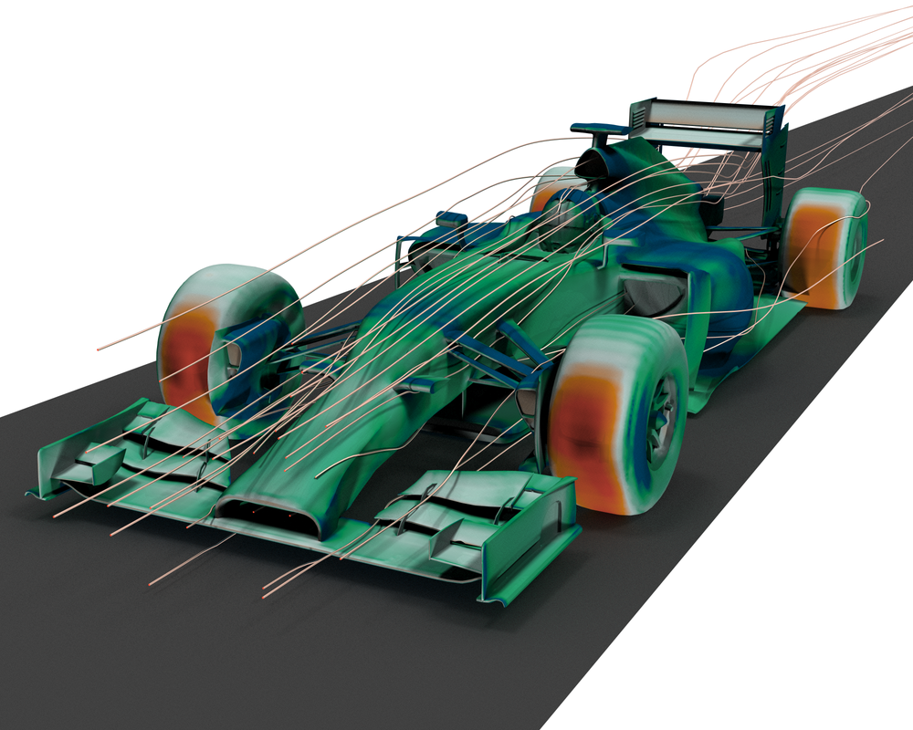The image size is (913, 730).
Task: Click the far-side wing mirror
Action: point(451,218)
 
